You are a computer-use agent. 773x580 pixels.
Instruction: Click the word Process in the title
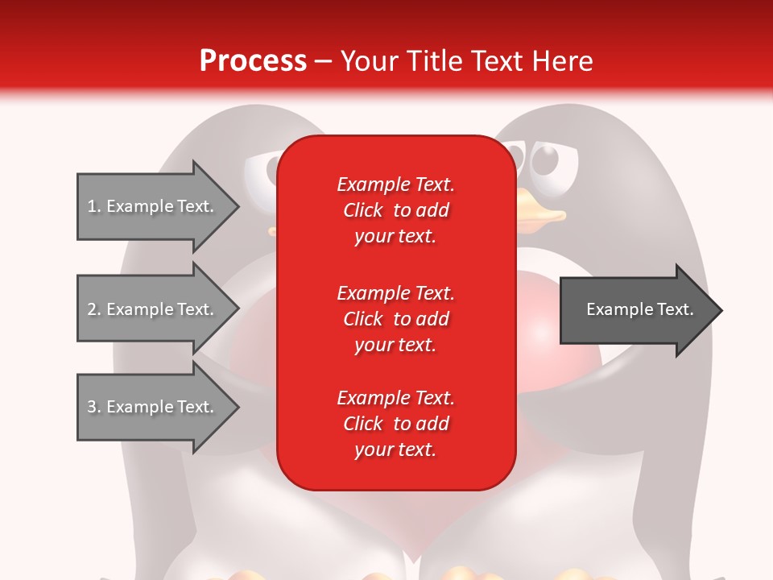(253, 61)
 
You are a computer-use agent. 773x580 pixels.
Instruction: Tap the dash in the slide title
(324, 62)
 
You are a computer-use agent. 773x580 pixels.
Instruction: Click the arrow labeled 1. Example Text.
(157, 207)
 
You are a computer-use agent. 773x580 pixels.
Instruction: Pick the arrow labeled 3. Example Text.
(157, 408)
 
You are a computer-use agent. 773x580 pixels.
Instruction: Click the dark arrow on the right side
(640, 310)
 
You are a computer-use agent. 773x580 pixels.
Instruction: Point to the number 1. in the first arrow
(94, 207)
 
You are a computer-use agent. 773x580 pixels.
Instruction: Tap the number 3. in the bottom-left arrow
(94, 408)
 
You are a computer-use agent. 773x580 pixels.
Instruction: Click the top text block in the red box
(395, 210)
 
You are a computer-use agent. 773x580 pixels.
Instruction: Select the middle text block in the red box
(395, 319)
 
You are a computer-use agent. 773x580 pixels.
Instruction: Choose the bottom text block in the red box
(395, 424)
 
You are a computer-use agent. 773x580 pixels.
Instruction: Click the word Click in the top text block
(362, 210)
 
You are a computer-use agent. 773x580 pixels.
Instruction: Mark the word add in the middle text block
(434, 319)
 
